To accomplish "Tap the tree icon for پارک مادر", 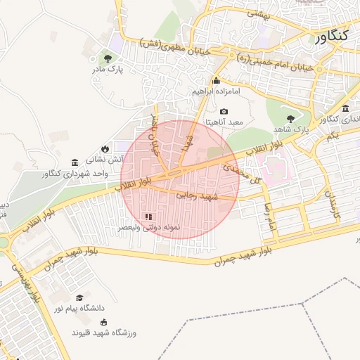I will coord(107,59).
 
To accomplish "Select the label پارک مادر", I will coord(107,70).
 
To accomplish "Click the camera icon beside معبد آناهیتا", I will coord(224,111).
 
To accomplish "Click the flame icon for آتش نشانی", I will coord(105,148).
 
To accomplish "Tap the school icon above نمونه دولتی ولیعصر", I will coord(148,217).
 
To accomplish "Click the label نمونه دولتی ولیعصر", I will coord(149,228).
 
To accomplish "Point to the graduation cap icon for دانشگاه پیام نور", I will coord(79,297).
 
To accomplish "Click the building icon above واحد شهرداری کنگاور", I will coord(75,162).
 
